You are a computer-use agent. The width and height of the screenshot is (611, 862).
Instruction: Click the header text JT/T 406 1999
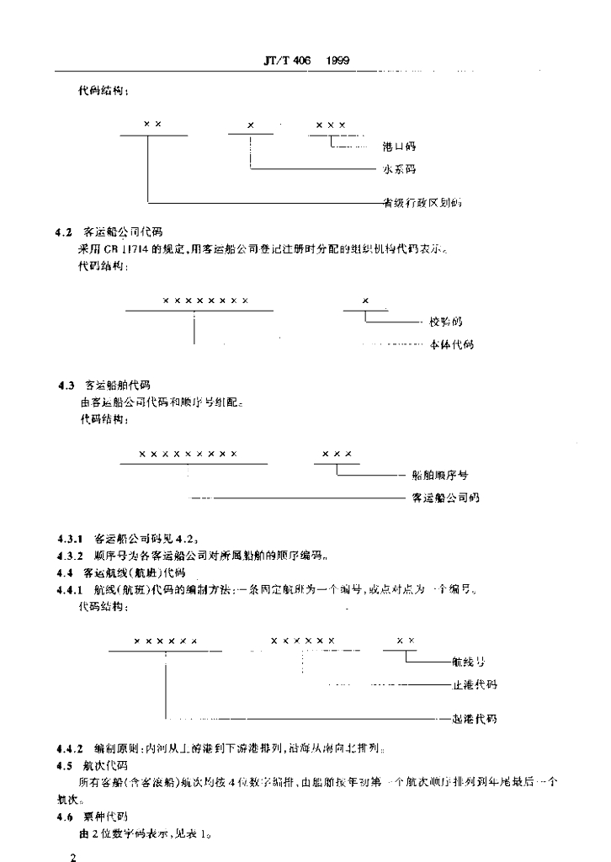coord(306,61)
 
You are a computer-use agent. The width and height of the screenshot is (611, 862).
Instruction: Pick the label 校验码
coord(445,322)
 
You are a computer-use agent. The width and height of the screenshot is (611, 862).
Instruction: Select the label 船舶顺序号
coord(440,475)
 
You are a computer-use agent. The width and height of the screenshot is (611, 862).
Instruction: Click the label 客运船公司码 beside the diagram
coord(445,498)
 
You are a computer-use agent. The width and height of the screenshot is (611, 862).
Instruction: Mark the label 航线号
coord(470,662)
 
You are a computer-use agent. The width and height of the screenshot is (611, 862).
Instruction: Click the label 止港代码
coord(475,684)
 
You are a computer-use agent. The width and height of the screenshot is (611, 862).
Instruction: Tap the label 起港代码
coord(475,719)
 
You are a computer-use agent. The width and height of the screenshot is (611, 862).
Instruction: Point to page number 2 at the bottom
coord(73,855)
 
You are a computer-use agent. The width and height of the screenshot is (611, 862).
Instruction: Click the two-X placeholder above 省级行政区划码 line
coord(152,124)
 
